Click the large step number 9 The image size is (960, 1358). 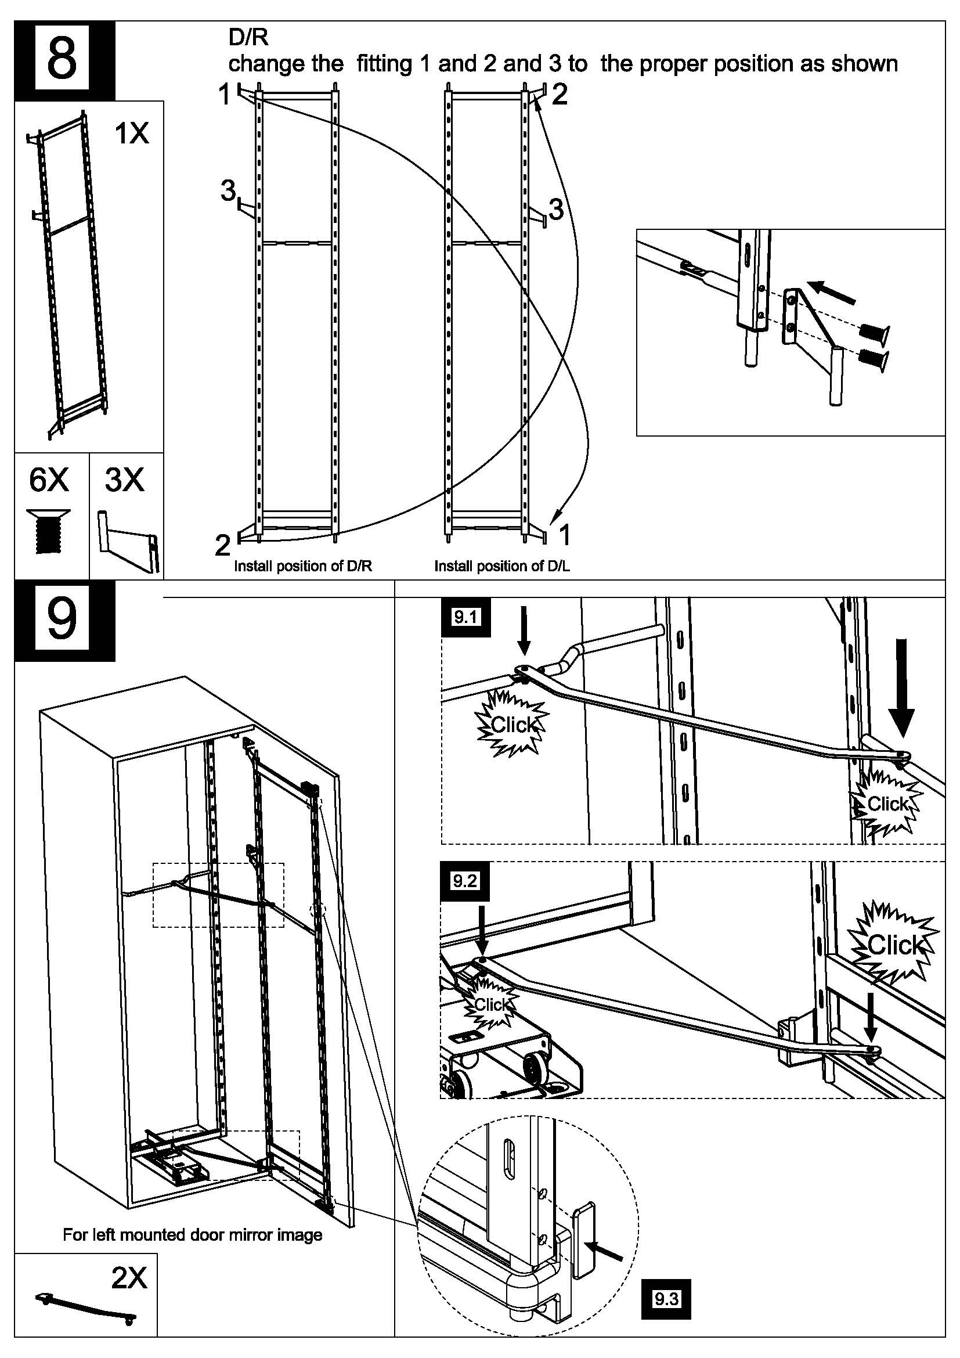(x=62, y=620)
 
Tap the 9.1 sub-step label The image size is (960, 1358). (x=465, y=618)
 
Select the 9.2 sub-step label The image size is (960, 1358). (x=464, y=881)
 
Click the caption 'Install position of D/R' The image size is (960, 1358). (x=302, y=566)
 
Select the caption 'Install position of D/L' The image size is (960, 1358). (x=502, y=566)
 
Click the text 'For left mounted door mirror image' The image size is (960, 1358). (x=192, y=1235)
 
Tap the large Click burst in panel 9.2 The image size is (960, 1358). (x=894, y=944)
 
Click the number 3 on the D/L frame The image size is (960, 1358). (x=555, y=209)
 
